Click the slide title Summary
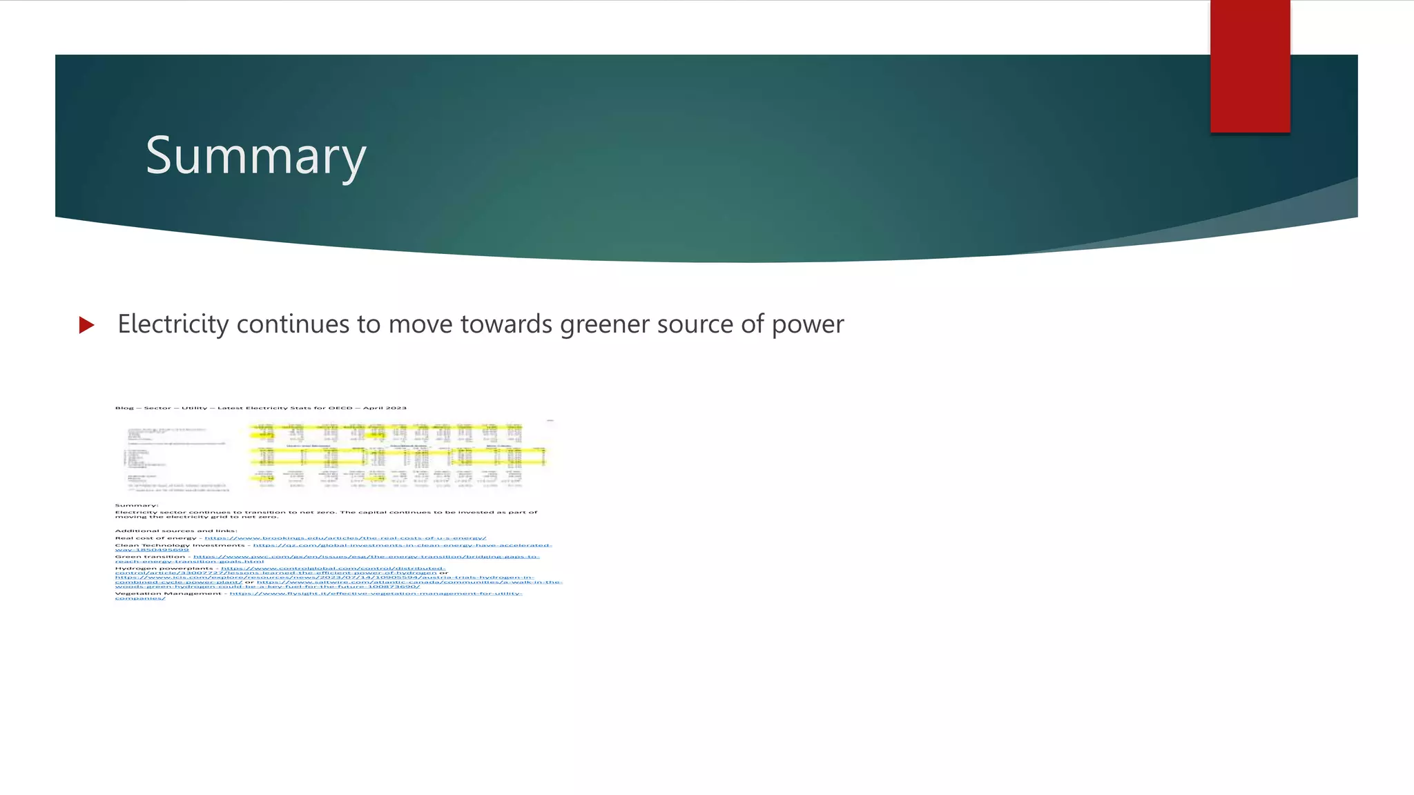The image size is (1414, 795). (255, 156)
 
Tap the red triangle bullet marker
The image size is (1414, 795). (86, 324)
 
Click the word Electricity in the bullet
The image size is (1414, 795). (173, 324)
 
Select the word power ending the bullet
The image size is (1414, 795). (807, 325)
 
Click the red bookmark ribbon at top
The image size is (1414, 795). (1250, 66)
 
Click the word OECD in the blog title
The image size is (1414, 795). (341, 408)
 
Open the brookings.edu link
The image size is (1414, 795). (345, 538)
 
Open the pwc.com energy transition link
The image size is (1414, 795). (365, 556)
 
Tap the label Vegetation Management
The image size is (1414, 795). (168, 593)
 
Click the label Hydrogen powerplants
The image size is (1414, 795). (164, 569)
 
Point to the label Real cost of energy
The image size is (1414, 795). (155, 538)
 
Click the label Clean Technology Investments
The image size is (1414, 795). (180, 545)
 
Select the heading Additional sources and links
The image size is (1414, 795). (175, 531)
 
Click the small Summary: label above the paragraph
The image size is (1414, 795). (136, 505)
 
